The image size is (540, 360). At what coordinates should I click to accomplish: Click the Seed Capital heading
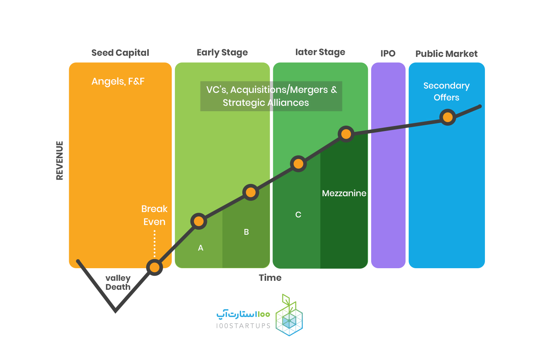click(120, 53)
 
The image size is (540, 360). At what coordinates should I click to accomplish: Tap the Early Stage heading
click(222, 53)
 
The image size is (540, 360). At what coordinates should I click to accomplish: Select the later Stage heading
click(320, 52)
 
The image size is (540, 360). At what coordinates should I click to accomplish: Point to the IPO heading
click(388, 53)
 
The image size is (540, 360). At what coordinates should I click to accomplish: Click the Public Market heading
click(446, 54)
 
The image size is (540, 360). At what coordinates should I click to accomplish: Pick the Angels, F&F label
click(118, 81)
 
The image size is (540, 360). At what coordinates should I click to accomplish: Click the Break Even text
click(154, 215)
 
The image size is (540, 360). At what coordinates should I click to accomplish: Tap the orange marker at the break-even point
click(154, 267)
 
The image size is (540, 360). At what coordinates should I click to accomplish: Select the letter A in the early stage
click(201, 248)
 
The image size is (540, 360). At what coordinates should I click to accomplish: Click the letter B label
click(246, 232)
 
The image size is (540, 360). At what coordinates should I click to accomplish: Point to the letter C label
click(298, 215)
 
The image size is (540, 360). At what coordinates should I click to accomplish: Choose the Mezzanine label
click(344, 193)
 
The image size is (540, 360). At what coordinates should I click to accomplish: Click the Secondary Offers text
click(446, 92)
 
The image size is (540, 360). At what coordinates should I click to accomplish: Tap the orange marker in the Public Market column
click(448, 117)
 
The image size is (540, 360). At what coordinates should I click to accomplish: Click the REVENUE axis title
click(59, 161)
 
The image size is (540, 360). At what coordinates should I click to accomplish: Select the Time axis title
click(270, 278)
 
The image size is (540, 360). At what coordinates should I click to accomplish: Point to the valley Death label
click(118, 283)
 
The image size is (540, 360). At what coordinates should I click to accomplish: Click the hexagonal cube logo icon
click(289, 315)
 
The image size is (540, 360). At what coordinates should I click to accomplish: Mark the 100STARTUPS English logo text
click(243, 326)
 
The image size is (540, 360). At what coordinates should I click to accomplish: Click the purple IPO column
click(388, 165)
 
